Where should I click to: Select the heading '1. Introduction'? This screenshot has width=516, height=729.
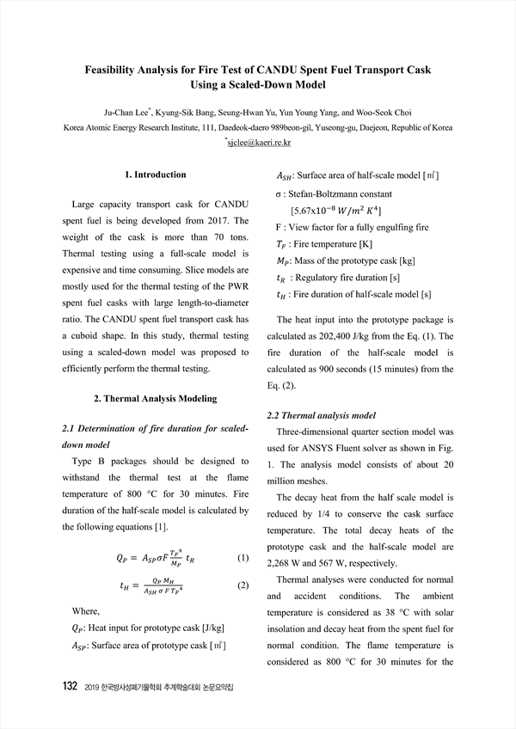point(155,175)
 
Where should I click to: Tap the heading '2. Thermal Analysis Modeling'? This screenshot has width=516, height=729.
point(155,399)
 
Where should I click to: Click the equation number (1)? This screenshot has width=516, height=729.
point(242,559)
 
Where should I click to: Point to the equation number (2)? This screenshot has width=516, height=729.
point(242,586)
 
